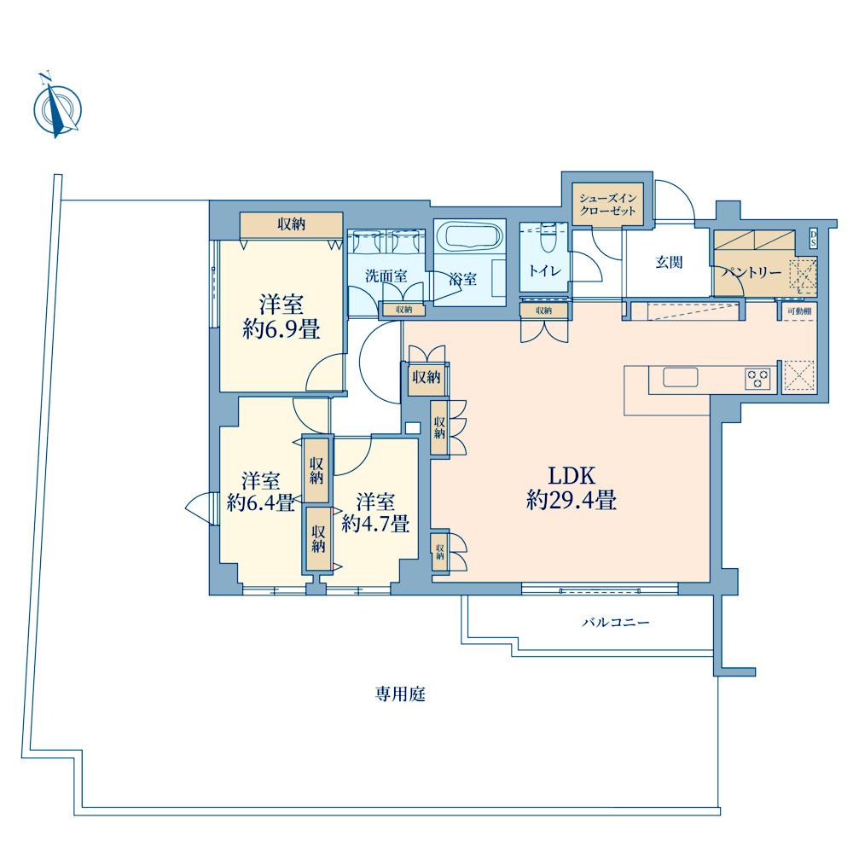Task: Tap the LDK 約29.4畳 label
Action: (x=572, y=488)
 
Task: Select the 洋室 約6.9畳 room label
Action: (x=281, y=317)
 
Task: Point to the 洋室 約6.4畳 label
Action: (x=260, y=492)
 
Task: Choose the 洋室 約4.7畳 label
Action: (x=375, y=513)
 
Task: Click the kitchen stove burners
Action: (x=757, y=378)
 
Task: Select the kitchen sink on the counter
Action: (x=680, y=377)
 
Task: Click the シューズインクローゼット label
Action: (x=607, y=205)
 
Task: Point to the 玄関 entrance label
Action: (x=669, y=262)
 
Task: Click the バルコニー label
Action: (x=616, y=622)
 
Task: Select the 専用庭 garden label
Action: (x=400, y=694)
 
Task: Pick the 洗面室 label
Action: (x=386, y=276)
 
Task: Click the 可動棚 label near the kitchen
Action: (x=799, y=311)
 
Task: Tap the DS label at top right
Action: (x=813, y=238)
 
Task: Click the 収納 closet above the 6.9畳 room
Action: (x=292, y=224)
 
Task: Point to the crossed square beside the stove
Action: (x=798, y=376)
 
